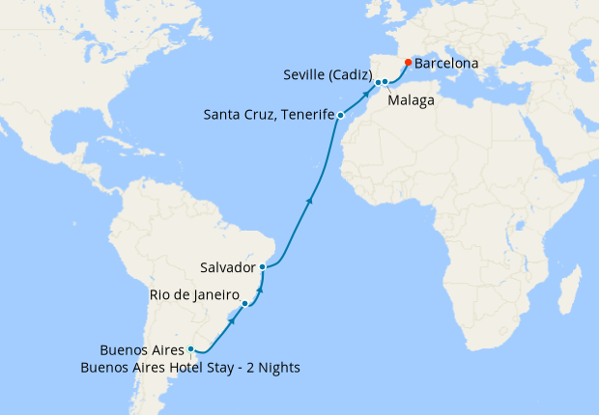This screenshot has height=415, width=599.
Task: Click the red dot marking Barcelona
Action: pyautogui.click(x=408, y=63)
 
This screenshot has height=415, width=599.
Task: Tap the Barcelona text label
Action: pyautogui.click(x=445, y=64)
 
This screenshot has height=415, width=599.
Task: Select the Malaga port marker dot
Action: pyautogui.click(x=385, y=82)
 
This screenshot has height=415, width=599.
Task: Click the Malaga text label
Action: pyautogui.click(x=411, y=99)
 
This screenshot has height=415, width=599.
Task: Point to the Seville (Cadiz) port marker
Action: pyautogui.click(x=378, y=82)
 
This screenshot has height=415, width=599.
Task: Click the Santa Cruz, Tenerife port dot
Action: pyautogui.click(x=340, y=116)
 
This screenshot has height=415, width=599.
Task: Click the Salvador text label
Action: pyautogui.click(x=227, y=266)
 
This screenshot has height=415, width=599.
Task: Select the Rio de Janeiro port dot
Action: pyautogui.click(x=245, y=304)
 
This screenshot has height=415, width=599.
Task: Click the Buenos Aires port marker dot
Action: pyautogui.click(x=191, y=349)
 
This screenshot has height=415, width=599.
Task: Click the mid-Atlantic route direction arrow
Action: pyautogui.click(x=309, y=201)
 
